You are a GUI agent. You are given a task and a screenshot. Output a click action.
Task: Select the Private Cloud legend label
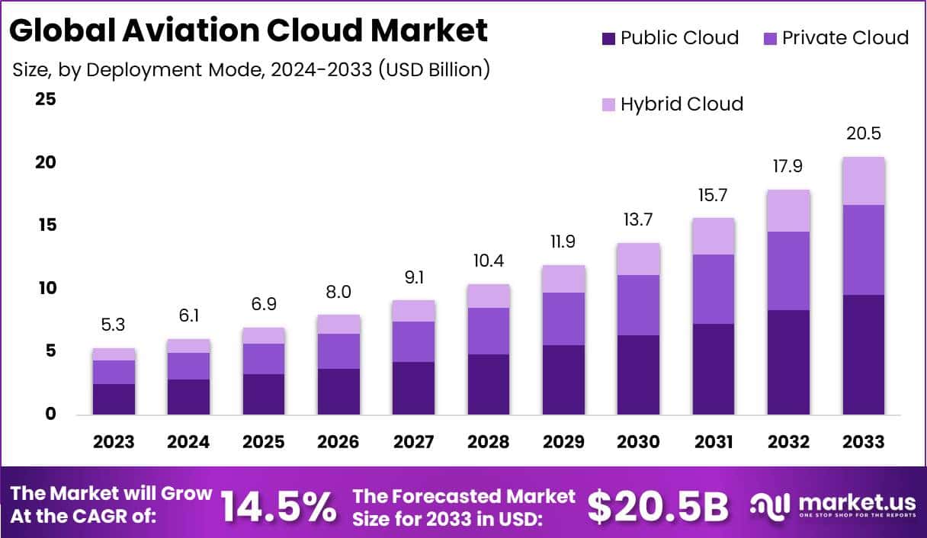tap(845, 38)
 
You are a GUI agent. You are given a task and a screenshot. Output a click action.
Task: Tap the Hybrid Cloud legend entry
tap(682, 104)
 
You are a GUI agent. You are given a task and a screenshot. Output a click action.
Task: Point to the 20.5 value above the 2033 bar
tap(864, 133)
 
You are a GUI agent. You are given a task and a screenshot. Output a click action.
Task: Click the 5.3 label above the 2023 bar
tap(114, 325)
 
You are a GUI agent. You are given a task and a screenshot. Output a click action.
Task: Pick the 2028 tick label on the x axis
tap(489, 442)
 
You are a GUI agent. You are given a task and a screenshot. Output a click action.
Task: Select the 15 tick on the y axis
tap(46, 226)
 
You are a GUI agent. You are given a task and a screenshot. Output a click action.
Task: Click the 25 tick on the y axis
tap(46, 99)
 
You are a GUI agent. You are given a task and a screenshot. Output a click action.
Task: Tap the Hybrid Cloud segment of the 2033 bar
tap(864, 181)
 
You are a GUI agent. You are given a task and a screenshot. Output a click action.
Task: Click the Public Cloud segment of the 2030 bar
tap(639, 374)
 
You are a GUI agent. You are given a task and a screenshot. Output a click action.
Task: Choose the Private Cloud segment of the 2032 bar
tap(789, 271)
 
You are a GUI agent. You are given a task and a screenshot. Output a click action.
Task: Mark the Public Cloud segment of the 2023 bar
tap(114, 399)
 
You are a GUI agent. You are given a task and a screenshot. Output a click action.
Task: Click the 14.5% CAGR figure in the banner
tap(278, 506)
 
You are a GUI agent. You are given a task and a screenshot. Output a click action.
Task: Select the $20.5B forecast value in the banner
tap(658, 506)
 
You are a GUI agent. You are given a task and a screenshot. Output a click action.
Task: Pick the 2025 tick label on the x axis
tap(264, 442)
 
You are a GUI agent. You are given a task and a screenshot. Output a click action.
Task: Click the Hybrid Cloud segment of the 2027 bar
tap(414, 311)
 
